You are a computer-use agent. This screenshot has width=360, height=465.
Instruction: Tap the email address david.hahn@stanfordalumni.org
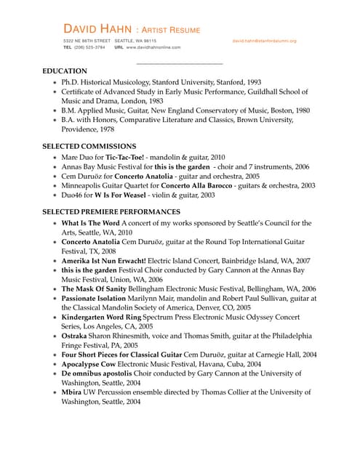(x=264, y=41)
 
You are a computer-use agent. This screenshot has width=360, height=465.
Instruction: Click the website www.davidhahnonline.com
(x=152, y=47)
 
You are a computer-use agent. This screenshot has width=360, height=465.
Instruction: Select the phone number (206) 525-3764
(x=89, y=47)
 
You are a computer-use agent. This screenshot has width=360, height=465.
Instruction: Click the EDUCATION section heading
(x=65, y=71)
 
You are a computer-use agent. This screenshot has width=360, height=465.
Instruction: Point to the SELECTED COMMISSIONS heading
(x=93, y=146)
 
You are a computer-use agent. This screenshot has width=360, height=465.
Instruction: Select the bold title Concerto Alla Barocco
(x=194, y=185)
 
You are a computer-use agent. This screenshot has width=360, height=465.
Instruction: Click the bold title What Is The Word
(x=90, y=223)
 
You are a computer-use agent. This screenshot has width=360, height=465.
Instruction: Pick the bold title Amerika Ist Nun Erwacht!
(x=103, y=260)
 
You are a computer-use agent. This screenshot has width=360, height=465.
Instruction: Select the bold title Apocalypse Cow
(x=89, y=364)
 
